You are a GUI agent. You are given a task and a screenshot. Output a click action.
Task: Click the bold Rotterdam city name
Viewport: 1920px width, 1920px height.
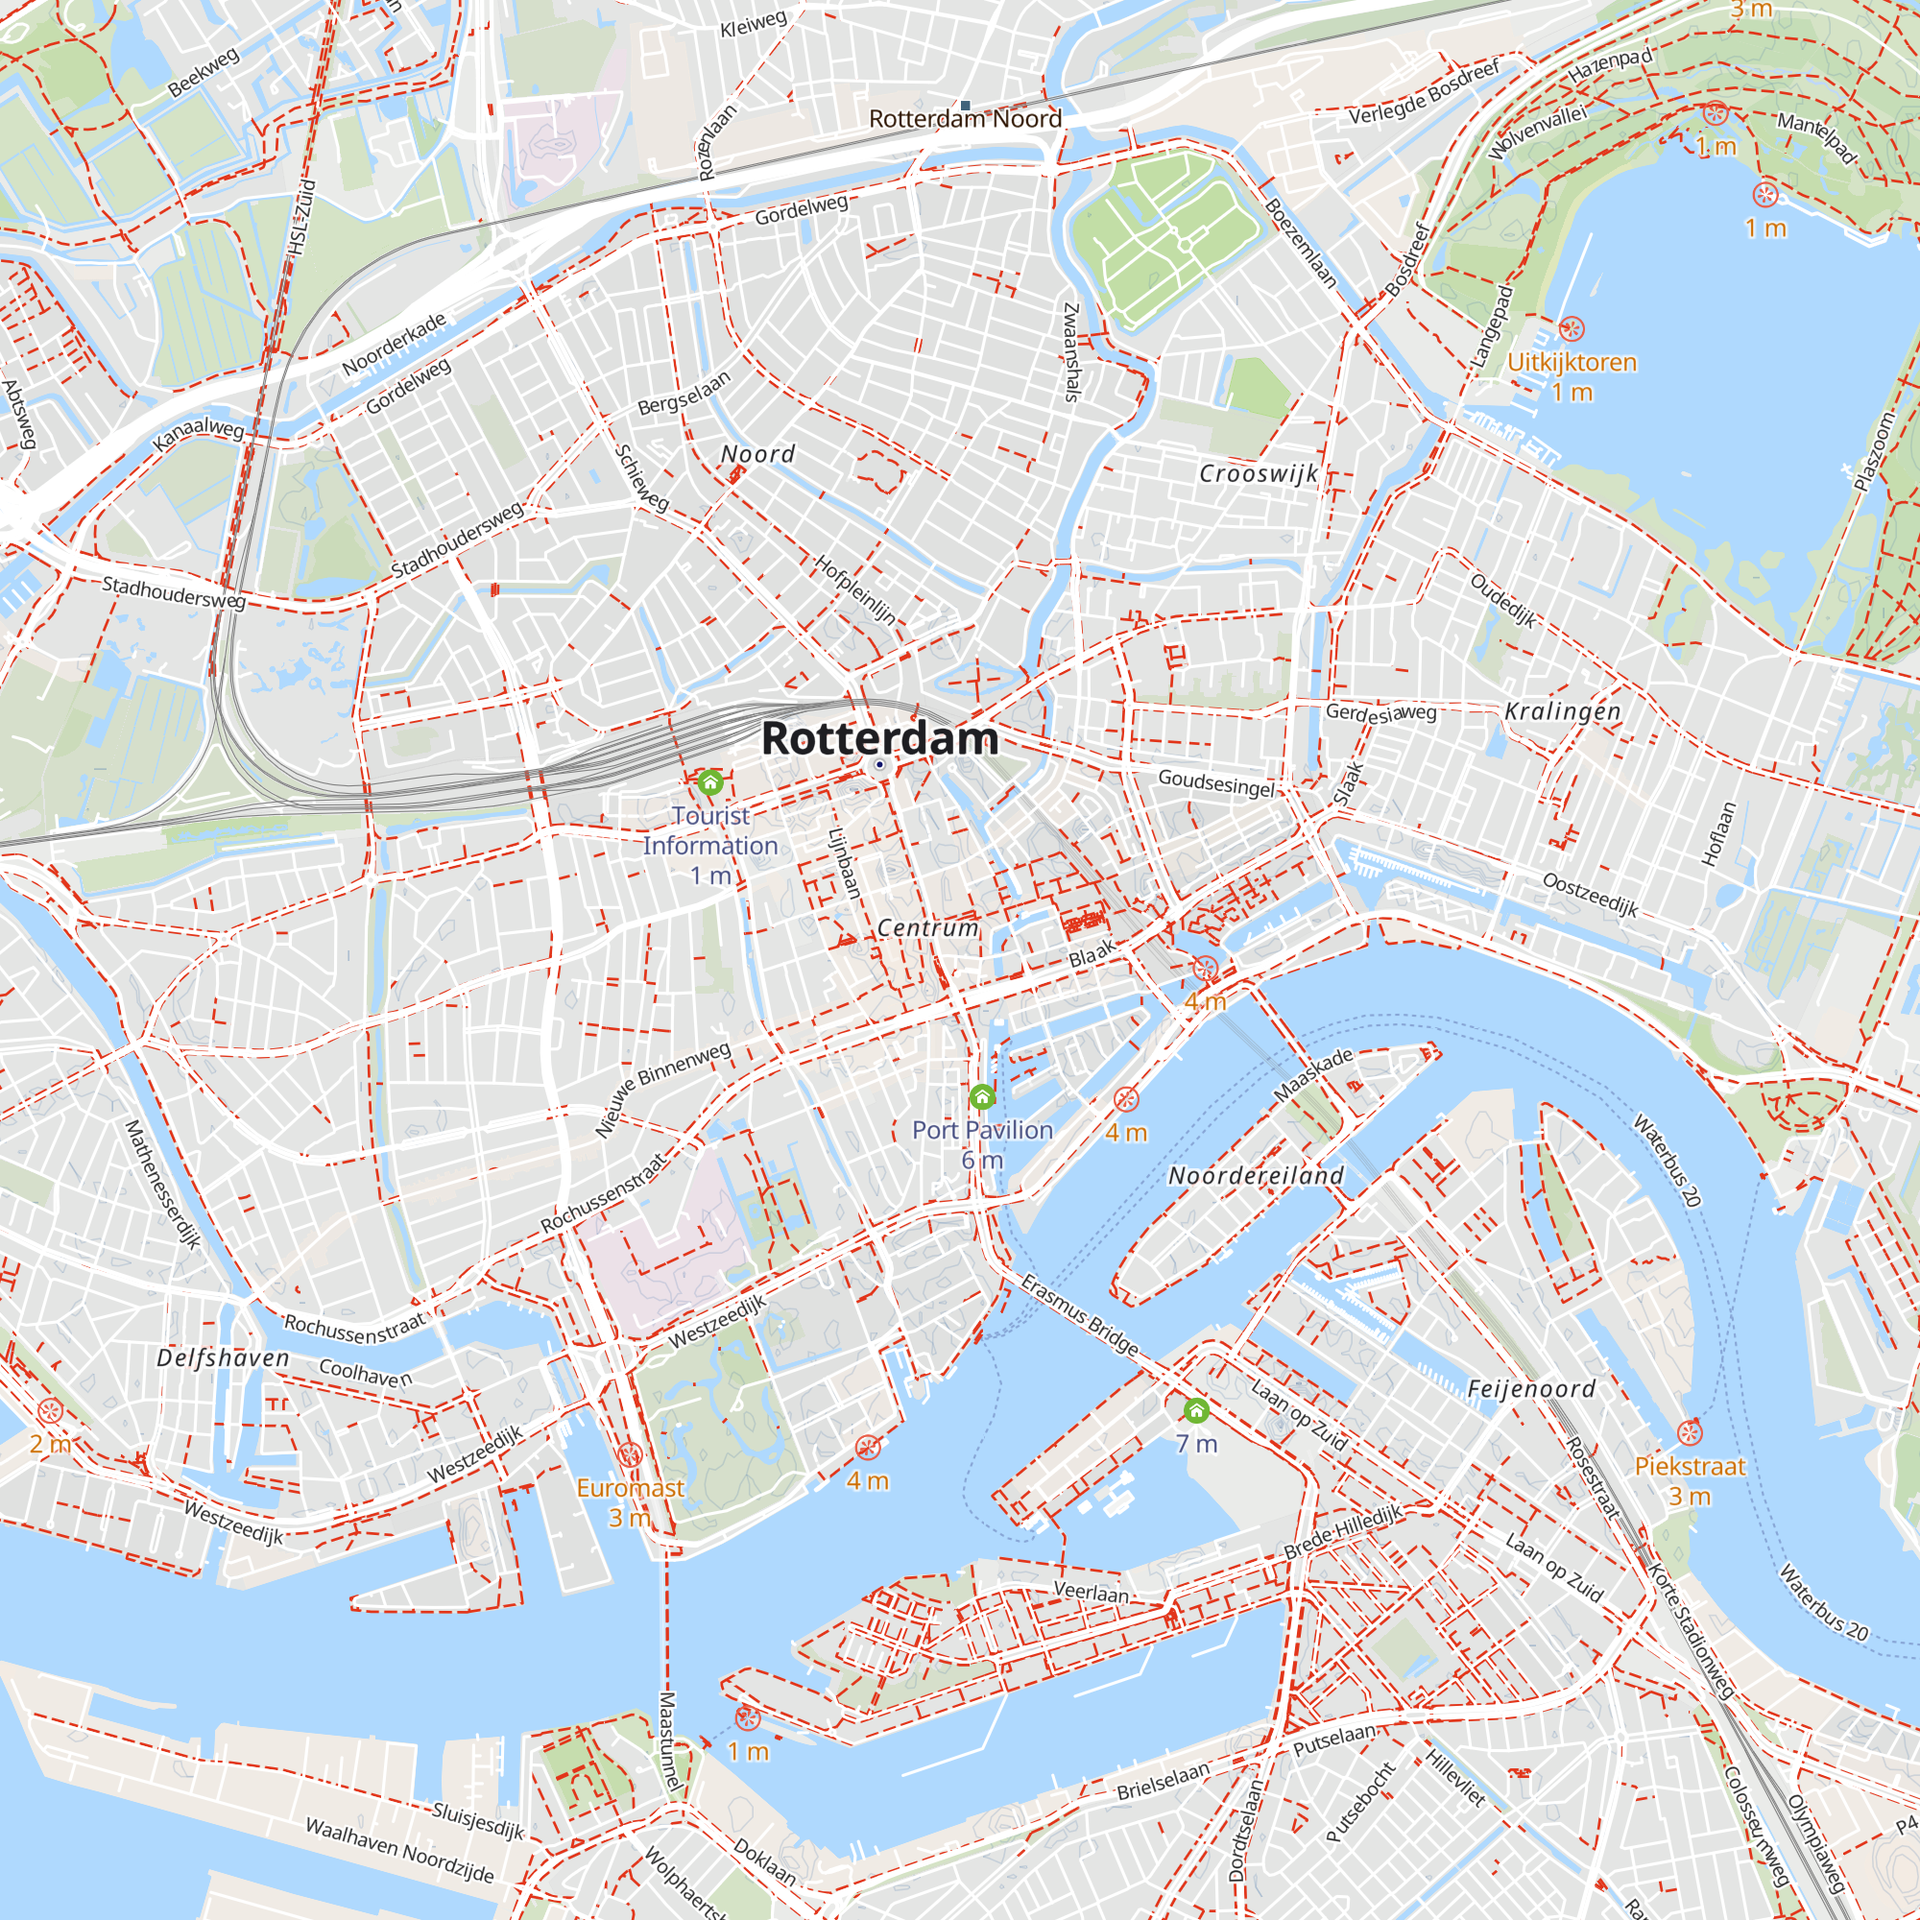tap(879, 738)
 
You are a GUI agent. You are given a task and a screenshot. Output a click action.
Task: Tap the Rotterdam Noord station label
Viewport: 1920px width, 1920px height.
tap(965, 119)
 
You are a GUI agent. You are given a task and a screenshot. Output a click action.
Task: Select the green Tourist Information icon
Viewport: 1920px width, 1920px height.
tap(709, 782)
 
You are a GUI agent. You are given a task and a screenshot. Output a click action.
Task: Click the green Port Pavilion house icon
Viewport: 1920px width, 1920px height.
tap(982, 1097)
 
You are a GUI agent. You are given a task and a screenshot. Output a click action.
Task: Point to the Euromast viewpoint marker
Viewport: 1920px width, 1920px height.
tap(629, 1456)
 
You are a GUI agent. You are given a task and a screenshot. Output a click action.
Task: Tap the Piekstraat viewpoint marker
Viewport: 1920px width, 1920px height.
tap(1690, 1433)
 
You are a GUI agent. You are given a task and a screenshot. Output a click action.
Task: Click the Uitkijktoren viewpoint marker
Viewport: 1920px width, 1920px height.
tap(1572, 329)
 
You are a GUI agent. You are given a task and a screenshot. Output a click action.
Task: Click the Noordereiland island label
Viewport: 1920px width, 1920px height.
tap(1256, 1176)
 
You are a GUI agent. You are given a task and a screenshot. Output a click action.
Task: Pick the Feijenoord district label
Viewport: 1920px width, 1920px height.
tap(1531, 1389)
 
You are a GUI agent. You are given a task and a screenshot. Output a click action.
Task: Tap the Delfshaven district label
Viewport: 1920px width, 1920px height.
tap(223, 1357)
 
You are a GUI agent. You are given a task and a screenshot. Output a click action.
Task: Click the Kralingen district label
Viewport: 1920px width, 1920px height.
tap(1562, 711)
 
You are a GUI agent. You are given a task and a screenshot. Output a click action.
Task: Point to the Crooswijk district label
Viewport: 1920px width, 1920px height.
tap(1259, 474)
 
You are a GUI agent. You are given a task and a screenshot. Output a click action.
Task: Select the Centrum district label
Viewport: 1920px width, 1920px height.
tap(928, 927)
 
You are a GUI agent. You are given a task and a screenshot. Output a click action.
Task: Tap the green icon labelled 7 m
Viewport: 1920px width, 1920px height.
tap(1196, 1410)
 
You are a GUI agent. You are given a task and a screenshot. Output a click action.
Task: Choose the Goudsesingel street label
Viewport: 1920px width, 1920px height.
tap(1215, 783)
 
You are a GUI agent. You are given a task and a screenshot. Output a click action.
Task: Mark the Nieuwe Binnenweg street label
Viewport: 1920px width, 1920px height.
tap(662, 1090)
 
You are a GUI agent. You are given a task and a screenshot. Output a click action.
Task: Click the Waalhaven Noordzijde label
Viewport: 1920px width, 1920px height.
tap(399, 1850)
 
